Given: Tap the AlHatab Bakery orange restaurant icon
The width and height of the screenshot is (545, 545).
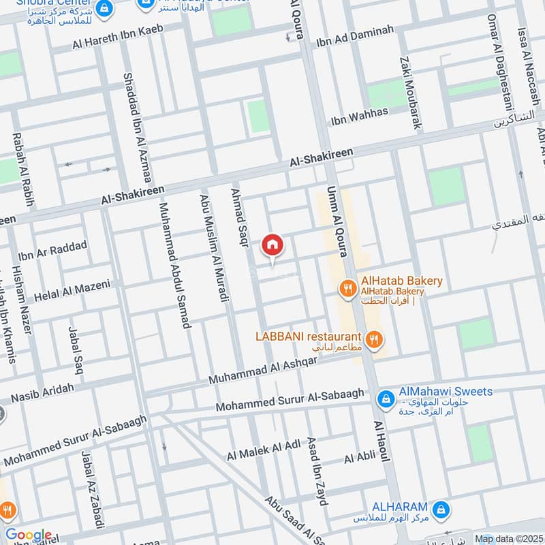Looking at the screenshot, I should tap(348, 288).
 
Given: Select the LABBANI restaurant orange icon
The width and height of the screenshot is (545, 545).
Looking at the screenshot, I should tap(373, 338).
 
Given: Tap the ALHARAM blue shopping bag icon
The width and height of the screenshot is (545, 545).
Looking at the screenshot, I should tap(441, 509).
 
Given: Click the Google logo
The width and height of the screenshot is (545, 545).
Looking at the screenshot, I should tap(28, 535).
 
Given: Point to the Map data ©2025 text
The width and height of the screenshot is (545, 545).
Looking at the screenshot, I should tap(509, 539).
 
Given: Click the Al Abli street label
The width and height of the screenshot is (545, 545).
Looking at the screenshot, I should tap(360, 458).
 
